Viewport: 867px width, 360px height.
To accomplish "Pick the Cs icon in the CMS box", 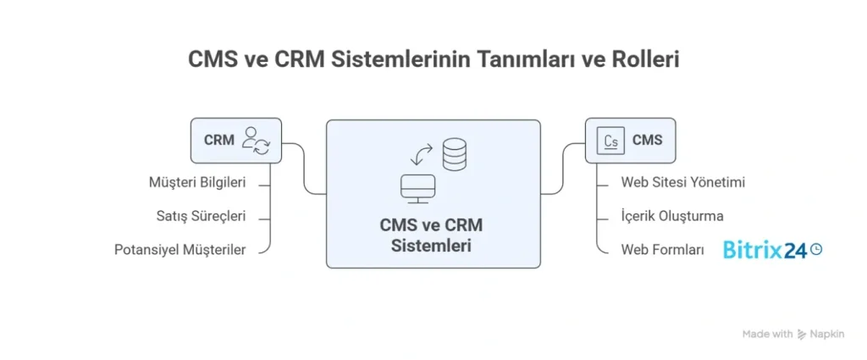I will click(x=610, y=141).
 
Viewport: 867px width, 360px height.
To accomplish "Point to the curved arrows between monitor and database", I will click(x=421, y=154).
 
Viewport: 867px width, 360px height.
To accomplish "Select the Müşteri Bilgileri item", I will click(x=198, y=182).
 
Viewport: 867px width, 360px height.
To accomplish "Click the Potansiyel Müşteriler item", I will click(x=179, y=250).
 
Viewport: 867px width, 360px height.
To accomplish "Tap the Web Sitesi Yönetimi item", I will click(x=682, y=182).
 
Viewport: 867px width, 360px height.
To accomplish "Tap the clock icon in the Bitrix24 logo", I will click(x=816, y=249).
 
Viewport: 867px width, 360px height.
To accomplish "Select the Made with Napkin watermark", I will click(x=793, y=334).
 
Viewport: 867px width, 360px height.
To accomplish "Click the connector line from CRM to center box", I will click(x=304, y=169).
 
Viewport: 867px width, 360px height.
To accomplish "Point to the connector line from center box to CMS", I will click(x=563, y=169).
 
